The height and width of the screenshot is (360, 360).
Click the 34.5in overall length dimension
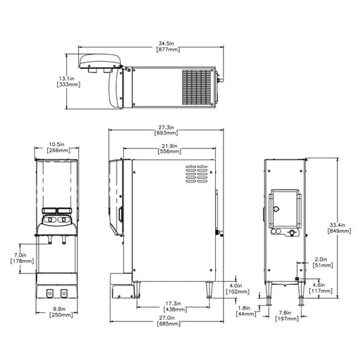point(168,46)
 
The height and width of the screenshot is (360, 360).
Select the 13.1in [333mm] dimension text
point(68,82)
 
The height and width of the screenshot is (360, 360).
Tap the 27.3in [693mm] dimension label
point(166,130)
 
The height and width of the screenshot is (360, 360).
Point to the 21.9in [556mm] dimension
point(169,148)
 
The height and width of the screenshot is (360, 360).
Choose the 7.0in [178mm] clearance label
point(22,258)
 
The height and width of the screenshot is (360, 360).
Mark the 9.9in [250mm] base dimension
point(61,312)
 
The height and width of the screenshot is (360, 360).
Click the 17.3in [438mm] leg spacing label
point(175,307)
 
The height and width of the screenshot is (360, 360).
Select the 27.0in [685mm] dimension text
point(169,321)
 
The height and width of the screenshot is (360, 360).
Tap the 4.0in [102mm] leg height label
point(238,289)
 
